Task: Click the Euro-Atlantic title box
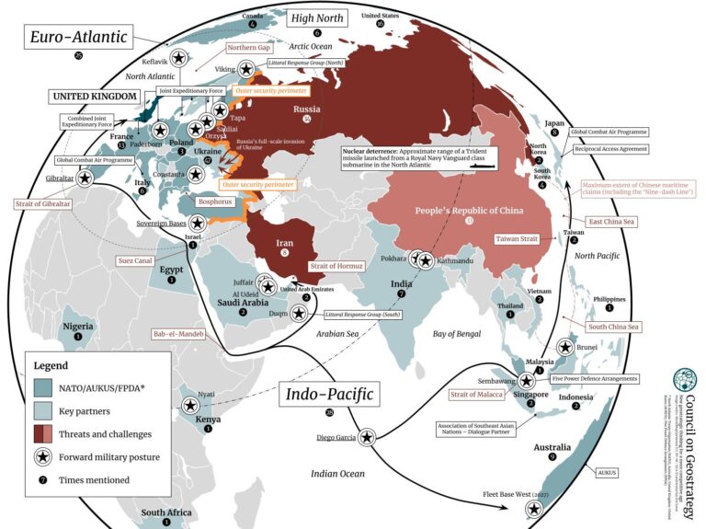pyautogui.click(x=78, y=37)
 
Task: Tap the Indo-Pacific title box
pyautogui.click(x=328, y=394)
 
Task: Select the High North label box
pyautogui.click(x=316, y=17)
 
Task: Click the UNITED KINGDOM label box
pyautogui.click(x=95, y=97)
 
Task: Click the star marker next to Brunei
pyautogui.click(x=566, y=348)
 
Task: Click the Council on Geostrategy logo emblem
pyautogui.click(x=685, y=380)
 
